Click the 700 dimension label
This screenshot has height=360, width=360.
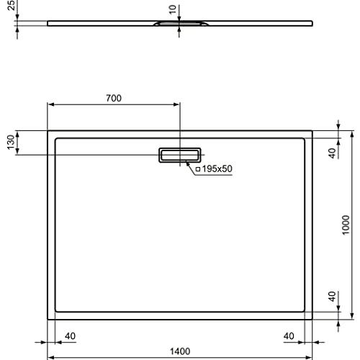pyautogui.click(x=114, y=98)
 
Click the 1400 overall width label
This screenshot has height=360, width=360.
pyautogui.click(x=180, y=351)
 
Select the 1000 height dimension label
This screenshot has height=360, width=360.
pyautogui.click(x=346, y=225)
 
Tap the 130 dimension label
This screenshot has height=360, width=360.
pyautogui.click(x=11, y=142)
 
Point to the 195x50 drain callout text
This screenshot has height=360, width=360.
pyautogui.click(x=217, y=169)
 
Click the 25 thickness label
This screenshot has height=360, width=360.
pyautogui.click(x=11, y=5)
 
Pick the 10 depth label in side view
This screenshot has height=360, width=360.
pyautogui.click(x=173, y=9)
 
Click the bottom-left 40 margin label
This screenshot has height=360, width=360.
pyautogui.click(x=70, y=336)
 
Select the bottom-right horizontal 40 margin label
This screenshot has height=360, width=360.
pyautogui.click(x=289, y=336)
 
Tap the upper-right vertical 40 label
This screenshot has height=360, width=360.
pyautogui.click(x=333, y=153)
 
